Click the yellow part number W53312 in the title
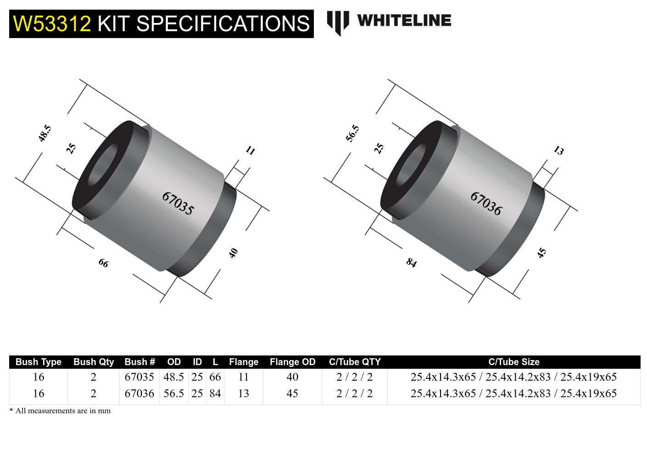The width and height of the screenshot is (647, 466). click(52, 24)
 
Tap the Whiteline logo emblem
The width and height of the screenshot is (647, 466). click(338, 23)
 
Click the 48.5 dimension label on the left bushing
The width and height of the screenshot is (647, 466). click(45, 133)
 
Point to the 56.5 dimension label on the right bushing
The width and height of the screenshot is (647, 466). click(353, 133)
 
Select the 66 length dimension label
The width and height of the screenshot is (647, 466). click(104, 263)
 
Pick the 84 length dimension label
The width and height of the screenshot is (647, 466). click(412, 262)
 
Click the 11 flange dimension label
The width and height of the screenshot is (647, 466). click(251, 150)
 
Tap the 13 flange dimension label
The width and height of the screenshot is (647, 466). click(558, 150)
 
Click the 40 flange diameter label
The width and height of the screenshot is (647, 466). click(233, 253)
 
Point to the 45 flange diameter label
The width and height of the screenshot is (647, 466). click(541, 253)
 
